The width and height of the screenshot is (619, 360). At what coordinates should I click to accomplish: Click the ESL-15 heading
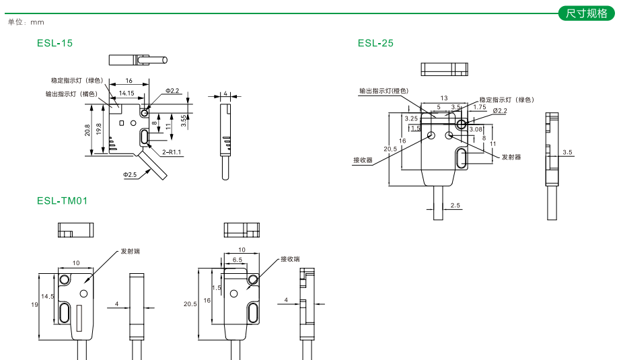point(55,43)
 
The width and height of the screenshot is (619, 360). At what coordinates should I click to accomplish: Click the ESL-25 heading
point(375,43)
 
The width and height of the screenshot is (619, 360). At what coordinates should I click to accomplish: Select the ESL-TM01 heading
point(63,201)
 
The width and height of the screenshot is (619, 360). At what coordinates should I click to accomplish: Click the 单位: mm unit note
point(26,22)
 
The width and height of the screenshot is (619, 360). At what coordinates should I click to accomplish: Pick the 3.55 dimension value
point(184,120)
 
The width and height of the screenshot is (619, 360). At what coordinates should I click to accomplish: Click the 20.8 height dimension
point(87,129)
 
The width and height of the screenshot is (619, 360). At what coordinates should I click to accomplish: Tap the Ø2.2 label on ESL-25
point(500,110)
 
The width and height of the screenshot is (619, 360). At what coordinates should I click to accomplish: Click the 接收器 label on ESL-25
point(363,160)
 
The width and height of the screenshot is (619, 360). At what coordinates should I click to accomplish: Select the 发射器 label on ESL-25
point(511,157)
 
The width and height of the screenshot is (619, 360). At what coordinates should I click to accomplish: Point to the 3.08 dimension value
point(476,129)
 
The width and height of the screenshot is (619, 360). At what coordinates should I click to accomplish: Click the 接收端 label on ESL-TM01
point(290,258)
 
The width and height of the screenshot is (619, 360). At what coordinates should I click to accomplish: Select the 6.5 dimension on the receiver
point(238,259)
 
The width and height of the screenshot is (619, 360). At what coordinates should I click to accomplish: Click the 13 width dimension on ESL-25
point(443,98)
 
